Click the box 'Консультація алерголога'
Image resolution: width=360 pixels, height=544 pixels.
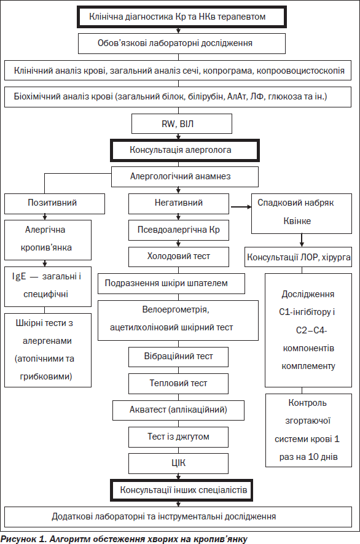pyautogui.click(x=185, y=150)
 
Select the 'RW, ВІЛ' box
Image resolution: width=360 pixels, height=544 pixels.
pyautogui.click(x=182, y=124)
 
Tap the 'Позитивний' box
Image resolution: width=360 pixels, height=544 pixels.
pyautogui.click(x=55, y=204)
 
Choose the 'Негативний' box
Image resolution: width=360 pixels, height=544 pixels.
pyautogui.click(x=178, y=204)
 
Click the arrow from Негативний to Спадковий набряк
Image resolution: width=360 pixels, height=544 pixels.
pyautogui.click(x=241, y=207)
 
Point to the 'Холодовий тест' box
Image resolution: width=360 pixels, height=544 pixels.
pyautogui.click(x=178, y=257)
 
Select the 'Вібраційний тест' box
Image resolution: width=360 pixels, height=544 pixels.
pyautogui.click(x=178, y=357)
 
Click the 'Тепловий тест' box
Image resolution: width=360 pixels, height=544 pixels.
pyautogui.click(x=178, y=384)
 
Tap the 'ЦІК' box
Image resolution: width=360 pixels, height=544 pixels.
pyautogui.click(x=178, y=464)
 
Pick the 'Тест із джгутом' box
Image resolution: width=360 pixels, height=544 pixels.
pyautogui.click(x=178, y=437)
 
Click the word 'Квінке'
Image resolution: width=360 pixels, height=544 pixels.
pyautogui.click(x=297, y=221)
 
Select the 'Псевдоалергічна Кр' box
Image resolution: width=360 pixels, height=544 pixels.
pyautogui.click(x=178, y=230)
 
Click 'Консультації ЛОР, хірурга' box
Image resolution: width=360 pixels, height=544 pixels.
pyautogui.click(x=298, y=257)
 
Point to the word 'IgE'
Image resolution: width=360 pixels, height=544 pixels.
pyautogui.click(x=19, y=276)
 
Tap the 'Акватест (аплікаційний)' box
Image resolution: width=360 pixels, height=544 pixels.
pyautogui.click(x=178, y=410)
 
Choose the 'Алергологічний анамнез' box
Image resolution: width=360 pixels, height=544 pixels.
pyautogui.click(x=185, y=177)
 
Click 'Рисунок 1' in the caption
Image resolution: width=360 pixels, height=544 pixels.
pyautogui.click(x=23, y=539)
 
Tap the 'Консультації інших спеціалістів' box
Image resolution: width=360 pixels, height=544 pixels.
pyautogui.click(x=182, y=490)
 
